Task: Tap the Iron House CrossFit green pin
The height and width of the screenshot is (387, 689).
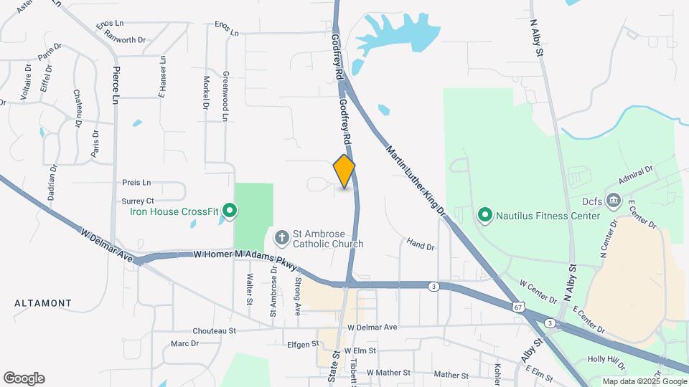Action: click(x=230, y=211)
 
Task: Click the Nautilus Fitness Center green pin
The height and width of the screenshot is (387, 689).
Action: click(x=485, y=215)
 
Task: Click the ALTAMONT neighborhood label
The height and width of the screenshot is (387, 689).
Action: click(x=42, y=304)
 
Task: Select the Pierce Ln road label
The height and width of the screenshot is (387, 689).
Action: click(x=115, y=85)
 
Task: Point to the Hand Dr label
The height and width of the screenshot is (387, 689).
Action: click(x=421, y=245)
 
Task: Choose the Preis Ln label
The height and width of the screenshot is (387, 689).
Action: click(x=136, y=182)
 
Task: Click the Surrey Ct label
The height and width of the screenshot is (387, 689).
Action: click(x=138, y=201)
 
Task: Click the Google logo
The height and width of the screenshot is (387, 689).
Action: click(x=24, y=378)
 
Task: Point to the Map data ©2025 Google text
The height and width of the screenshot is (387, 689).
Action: click(x=644, y=381)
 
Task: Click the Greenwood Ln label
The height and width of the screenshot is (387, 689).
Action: click(x=225, y=95)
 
